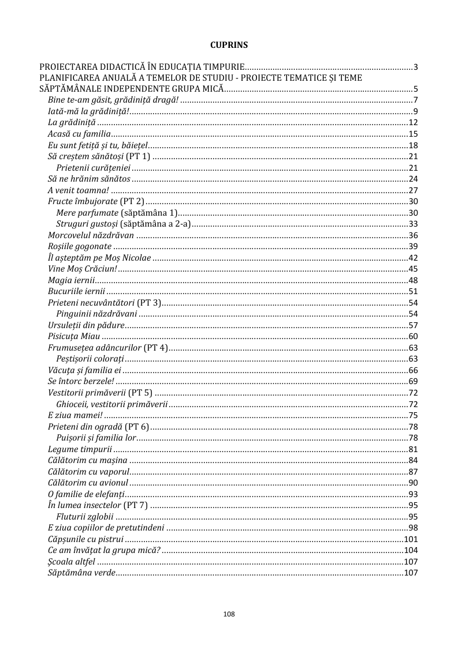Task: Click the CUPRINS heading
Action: coord(229,44)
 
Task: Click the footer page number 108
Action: coord(229,614)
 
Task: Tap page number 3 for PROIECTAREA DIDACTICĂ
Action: coord(415,67)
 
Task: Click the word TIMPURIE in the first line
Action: coord(222,67)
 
